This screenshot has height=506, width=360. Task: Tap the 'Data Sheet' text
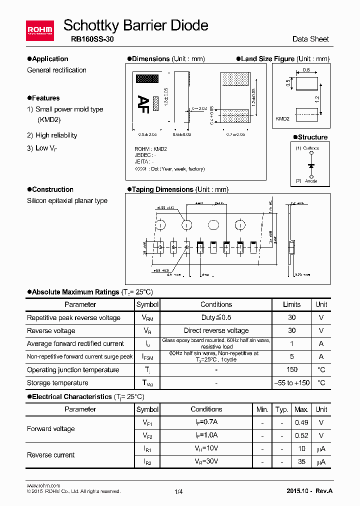[x=310, y=39]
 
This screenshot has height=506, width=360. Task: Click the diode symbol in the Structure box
[x=311, y=165]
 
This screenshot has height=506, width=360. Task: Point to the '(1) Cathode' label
[x=307, y=148]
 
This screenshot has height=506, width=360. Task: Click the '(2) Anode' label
[x=306, y=181]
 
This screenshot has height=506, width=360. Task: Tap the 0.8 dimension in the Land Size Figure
[x=306, y=70]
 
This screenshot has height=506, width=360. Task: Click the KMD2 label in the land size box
[x=282, y=118]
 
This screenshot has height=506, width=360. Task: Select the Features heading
[x=45, y=98]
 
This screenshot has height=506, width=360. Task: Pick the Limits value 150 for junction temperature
[x=292, y=370]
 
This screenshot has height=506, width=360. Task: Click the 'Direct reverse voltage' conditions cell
[x=216, y=330]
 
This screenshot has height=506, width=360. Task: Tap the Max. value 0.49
[x=301, y=422]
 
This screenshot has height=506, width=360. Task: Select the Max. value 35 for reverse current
[x=301, y=461]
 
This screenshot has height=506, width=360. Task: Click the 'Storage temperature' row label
[x=57, y=383]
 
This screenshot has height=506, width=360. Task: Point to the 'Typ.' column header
[x=282, y=409]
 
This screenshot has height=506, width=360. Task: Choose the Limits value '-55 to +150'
[x=292, y=383]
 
